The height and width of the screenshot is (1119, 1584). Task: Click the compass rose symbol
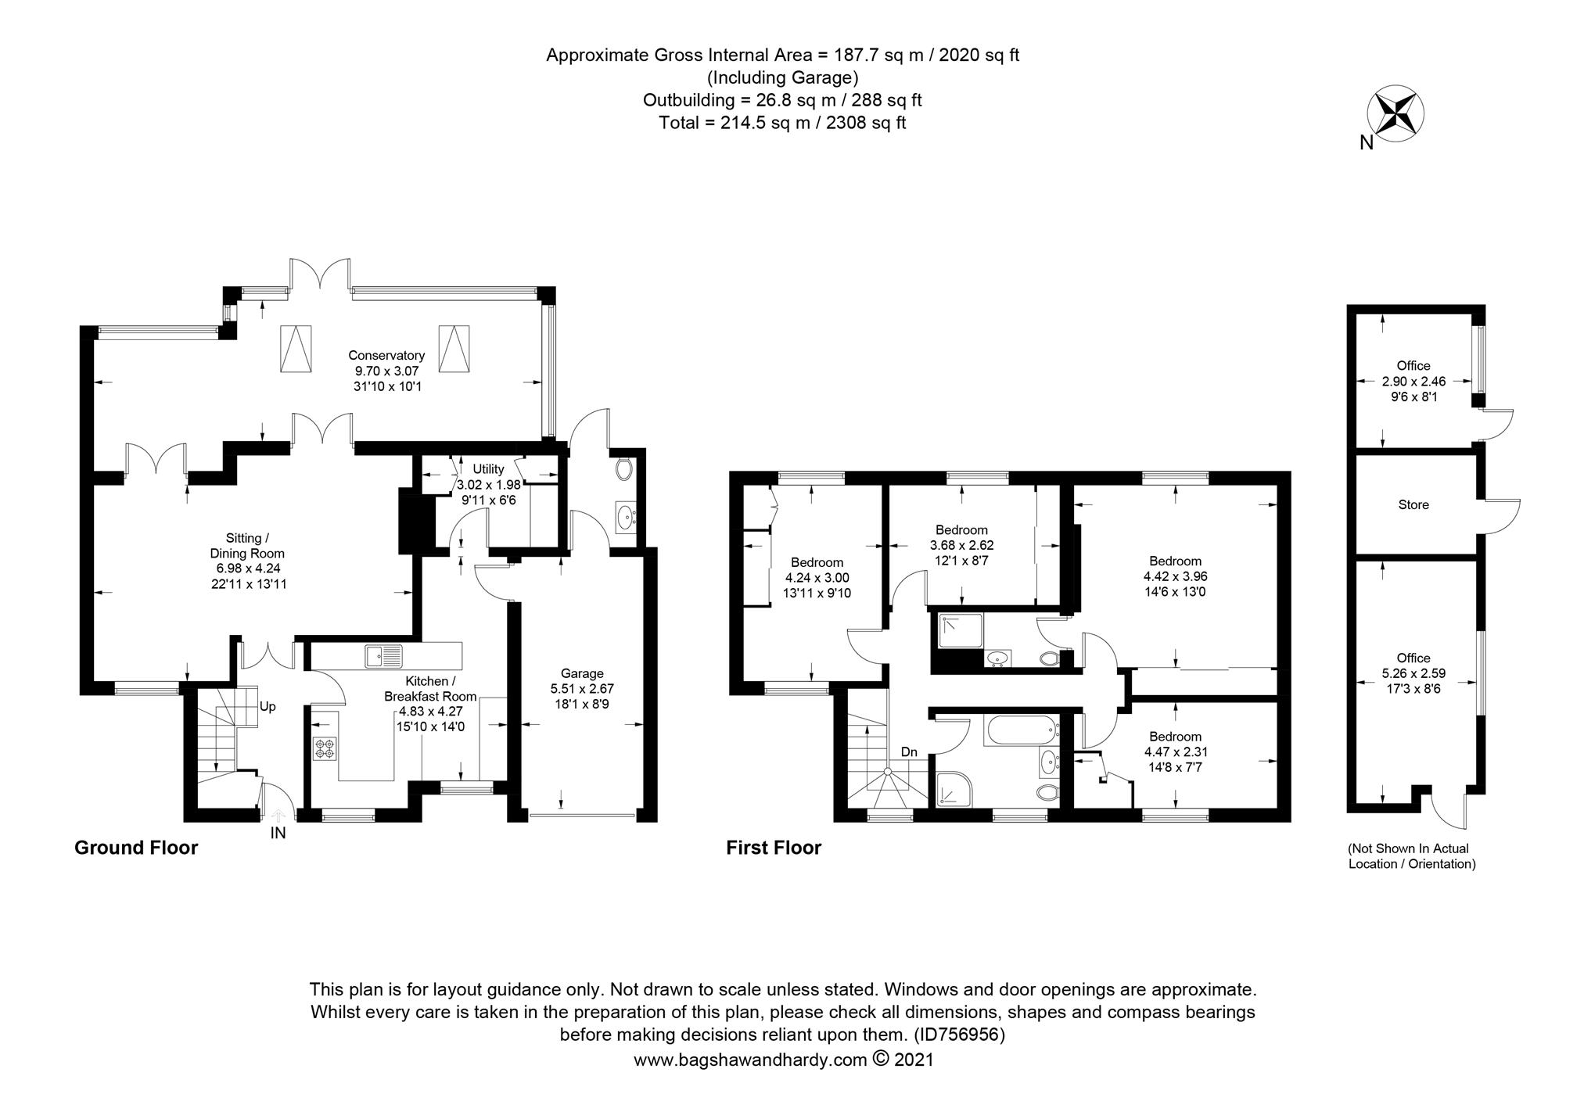click(x=1395, y=114)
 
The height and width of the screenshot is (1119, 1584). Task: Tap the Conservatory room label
click(x=386, y=355)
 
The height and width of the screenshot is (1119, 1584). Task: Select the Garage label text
click(x=582, y=673)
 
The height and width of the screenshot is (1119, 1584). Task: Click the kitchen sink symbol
click(x=383, y=655)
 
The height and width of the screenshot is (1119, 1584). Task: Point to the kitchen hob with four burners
click(x=324, y=748)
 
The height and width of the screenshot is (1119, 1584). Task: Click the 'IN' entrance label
click(x=278, y=834)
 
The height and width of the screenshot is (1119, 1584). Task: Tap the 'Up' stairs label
click(x=268, y=707)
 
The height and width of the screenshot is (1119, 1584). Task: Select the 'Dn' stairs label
click(x=908, y=752)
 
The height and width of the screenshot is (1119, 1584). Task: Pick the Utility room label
click(x=488, y=469)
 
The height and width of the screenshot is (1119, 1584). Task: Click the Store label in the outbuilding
click(x=1413, y=505)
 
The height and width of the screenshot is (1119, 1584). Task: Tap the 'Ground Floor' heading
click(x=136, y=848)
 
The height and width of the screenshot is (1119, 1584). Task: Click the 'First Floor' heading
click(x=773, y=848)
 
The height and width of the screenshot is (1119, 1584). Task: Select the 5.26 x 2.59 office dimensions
click(x=1413, y=673)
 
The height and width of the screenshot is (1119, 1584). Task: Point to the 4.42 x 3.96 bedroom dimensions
click(x=1175, y=576)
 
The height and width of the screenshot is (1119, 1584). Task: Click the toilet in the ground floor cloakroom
click(x=623, y=469)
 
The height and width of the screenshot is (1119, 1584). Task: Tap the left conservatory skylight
click(x=296, y=348)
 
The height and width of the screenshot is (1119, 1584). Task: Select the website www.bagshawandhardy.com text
click(x=749, y=1060)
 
